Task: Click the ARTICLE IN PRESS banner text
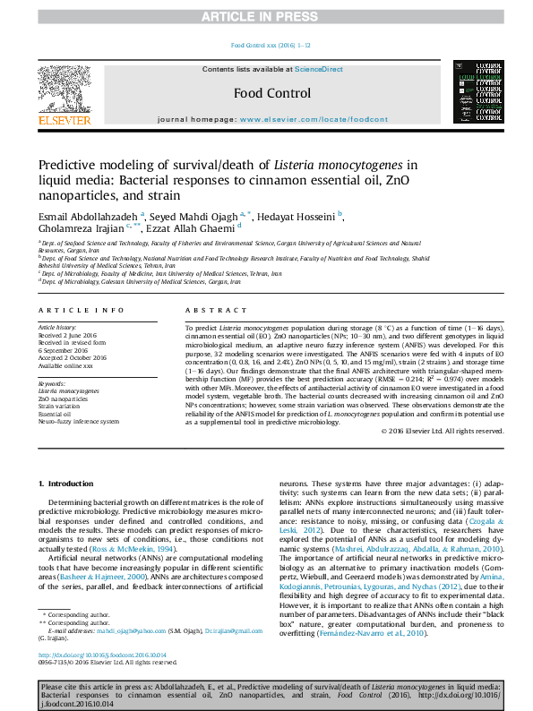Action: click(265, 16)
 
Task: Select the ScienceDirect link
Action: click(320, 69)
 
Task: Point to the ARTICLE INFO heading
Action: click(81, 310)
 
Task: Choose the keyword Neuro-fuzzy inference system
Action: click(78, 421)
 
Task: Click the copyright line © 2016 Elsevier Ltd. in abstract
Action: click(442, 431)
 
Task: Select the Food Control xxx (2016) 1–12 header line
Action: click(271, 45)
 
